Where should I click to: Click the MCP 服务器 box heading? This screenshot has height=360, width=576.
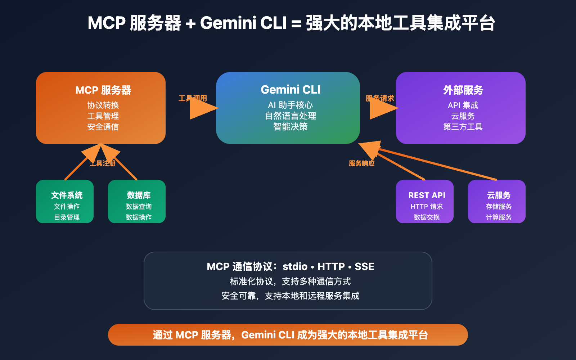click(103, 90)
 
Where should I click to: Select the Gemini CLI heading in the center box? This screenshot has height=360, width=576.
click(291, 90)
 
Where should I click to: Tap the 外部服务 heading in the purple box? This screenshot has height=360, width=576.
click(463, 90)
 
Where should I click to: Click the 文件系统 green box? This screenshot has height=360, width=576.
click(65, 202)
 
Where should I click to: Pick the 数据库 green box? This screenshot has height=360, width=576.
click(137, 202)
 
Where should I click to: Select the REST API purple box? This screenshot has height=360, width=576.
click(425, 202)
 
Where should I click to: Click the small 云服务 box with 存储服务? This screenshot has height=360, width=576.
click(497, 202)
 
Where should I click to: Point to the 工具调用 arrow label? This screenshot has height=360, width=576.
click(193, 98)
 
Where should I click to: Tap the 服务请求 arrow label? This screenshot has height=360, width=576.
click(380, 98)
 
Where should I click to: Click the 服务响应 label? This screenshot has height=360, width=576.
click(361, 163)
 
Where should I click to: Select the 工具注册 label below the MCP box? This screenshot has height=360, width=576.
click(103, 163)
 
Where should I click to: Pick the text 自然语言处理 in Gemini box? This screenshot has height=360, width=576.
click(291, 116)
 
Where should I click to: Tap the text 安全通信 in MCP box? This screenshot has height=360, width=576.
click(103, 127)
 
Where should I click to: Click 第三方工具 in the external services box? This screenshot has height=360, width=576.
click(463, 127)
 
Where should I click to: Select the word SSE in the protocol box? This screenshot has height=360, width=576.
click(364, 266)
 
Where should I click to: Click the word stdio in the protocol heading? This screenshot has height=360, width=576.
click(295, 266)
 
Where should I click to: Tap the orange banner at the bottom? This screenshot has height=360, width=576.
click(288, 335)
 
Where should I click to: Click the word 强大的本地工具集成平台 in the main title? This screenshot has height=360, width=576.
click(400, 23)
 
